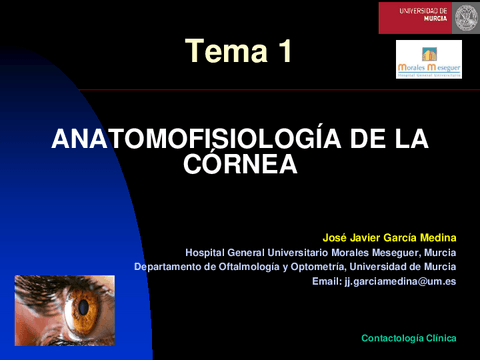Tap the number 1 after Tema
(x=285, y=53)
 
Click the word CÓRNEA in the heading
(x=240, y=164)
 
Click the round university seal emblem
(x=466, y=17)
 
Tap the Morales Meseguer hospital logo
(x=428, y=60)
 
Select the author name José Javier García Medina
(x=389, y=238)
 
